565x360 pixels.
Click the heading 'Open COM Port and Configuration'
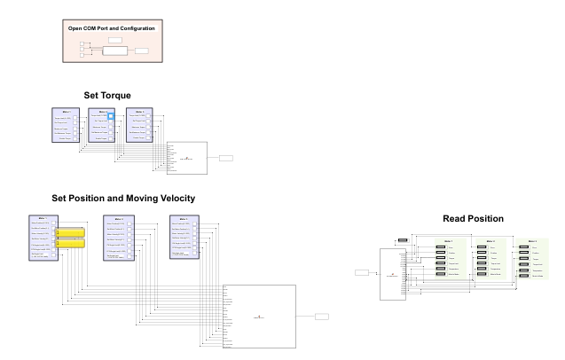coord(112,28)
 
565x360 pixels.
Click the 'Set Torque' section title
coord(107,95)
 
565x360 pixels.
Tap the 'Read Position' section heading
coord(474,218)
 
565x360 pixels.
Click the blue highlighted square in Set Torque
coord(111,116)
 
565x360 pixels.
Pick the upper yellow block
coord(71,232)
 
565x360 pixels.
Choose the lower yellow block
coord(71,243)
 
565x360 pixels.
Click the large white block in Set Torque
coord(185,157)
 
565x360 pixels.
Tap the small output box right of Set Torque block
coord(226,157)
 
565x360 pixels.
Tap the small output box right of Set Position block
coord(321,316)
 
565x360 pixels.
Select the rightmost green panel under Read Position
coord(531,258)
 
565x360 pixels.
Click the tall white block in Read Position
coord(392,275)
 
